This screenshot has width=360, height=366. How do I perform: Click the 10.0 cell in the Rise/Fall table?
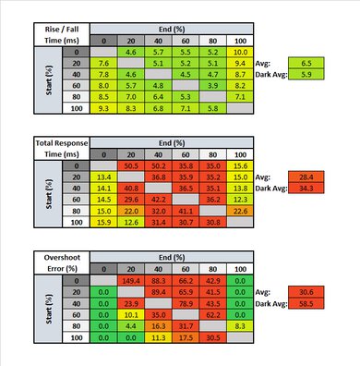pos(239,54)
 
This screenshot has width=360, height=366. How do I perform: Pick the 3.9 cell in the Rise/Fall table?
pos(212,81)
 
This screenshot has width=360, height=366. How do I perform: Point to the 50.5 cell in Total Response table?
pos(131,164)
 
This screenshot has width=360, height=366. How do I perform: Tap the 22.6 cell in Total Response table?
pos(239,208)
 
